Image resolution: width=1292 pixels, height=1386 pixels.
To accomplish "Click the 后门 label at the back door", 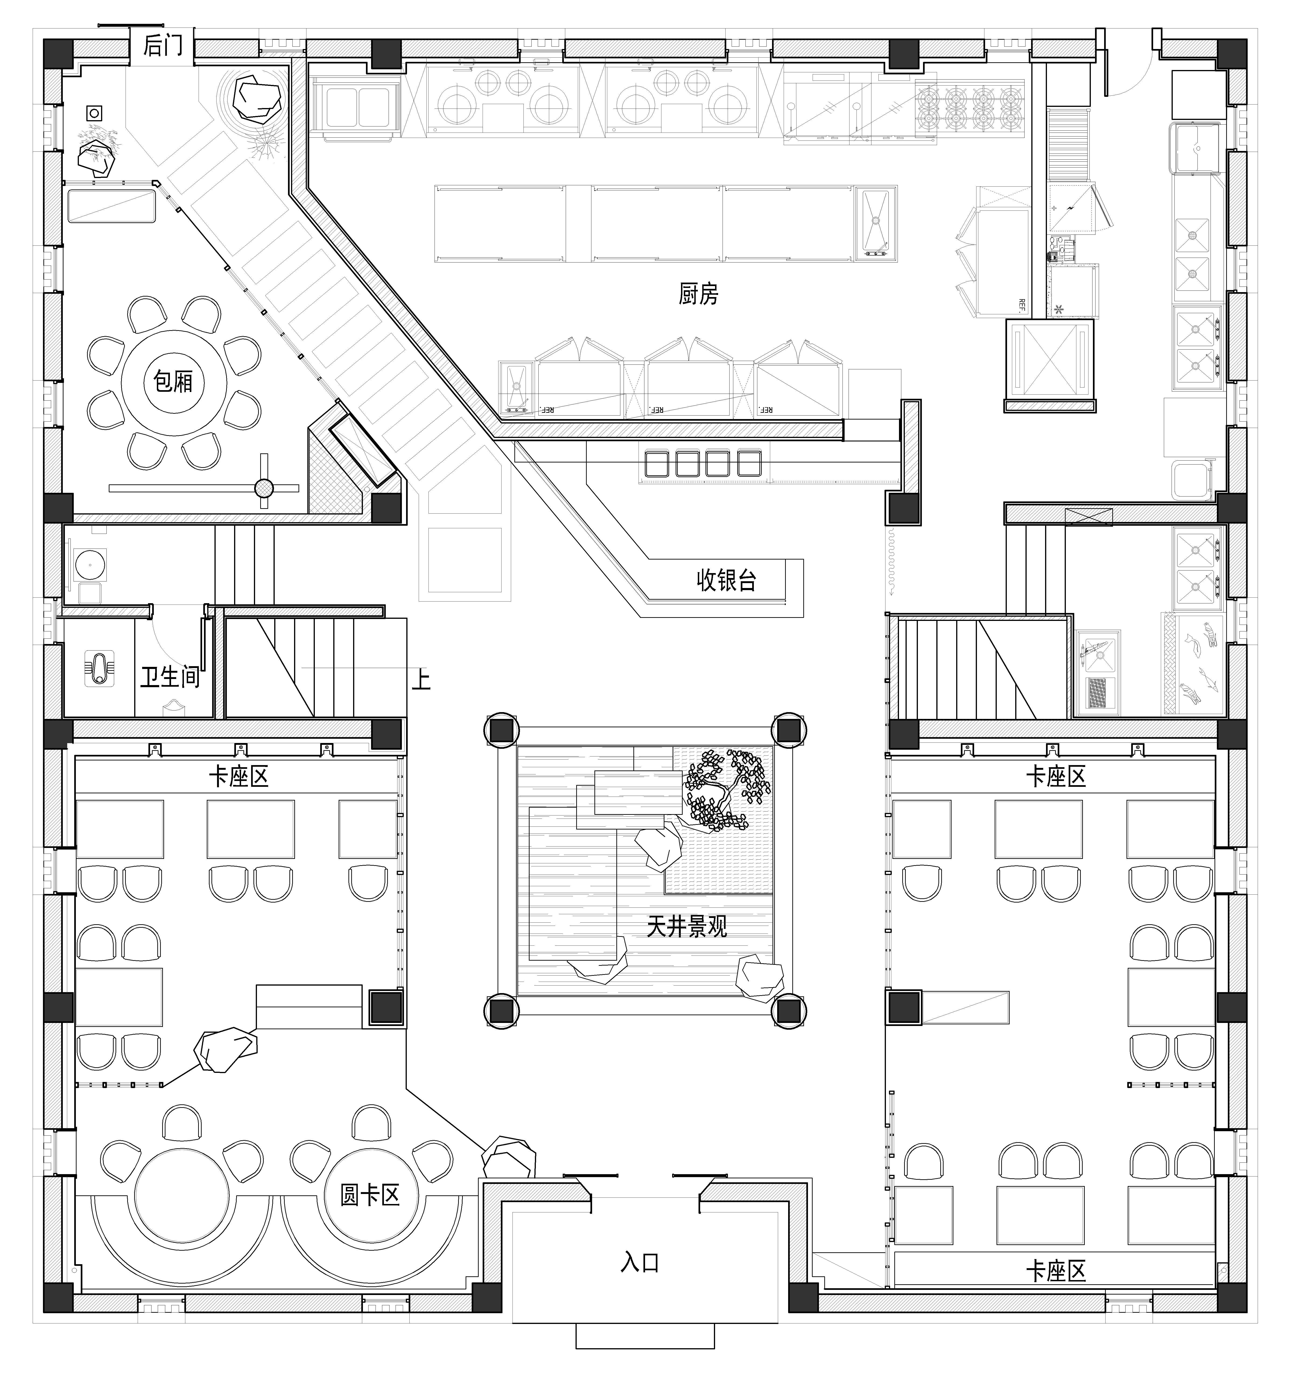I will click(162, 46).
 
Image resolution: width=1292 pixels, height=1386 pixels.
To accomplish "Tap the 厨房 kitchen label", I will click(698, 294).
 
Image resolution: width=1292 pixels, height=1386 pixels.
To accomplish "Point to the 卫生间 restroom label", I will click(169, 676).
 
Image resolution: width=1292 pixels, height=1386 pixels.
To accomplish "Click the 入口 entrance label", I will click(639, 1262).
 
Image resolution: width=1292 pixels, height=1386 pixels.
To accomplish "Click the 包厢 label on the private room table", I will click(172, 381).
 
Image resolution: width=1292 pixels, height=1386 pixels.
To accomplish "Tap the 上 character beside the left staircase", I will click(421, 680).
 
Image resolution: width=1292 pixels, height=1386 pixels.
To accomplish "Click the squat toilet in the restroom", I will click(100, 668).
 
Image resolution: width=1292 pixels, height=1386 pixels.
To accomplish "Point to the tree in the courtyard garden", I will click(725, 788).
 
